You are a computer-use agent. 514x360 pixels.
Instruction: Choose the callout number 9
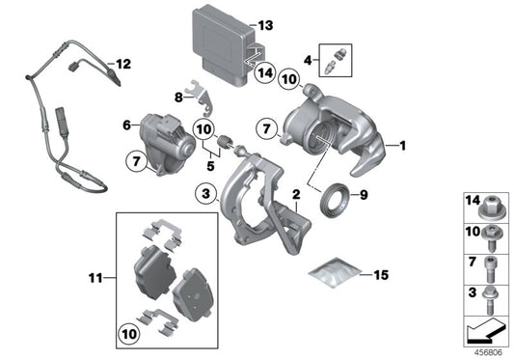click(364, 196)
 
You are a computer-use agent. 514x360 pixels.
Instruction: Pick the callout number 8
click(178, 97)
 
